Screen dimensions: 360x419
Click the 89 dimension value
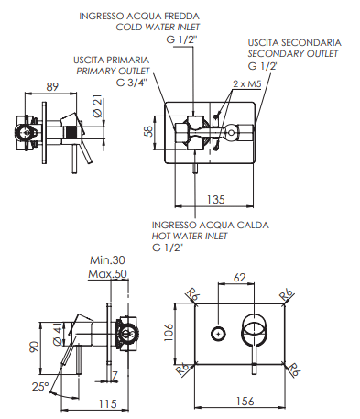(x=52, y=87)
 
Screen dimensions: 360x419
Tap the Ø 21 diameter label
(x=98, y=107)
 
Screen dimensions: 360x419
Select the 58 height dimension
(x=148, y=131)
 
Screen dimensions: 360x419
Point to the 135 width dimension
(x=215, y=199)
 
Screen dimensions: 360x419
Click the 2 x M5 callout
(x=247, y=83)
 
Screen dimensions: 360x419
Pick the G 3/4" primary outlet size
(x=131, y=83)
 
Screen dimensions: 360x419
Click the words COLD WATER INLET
(x=158, y=28)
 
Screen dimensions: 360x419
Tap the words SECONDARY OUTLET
(x=293, y=54)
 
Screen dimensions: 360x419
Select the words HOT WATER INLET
(x=190, y=236)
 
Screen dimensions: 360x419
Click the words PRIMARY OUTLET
(x=113, y=72)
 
